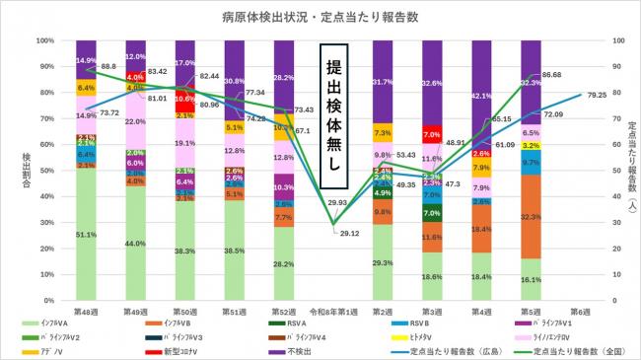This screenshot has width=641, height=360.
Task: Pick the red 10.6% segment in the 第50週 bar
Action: point(182,99)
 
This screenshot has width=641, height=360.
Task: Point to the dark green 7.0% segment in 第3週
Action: point(431,212)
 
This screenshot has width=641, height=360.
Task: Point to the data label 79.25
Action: point(595,96)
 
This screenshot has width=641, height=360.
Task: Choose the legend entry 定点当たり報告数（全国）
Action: point(576,350)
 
